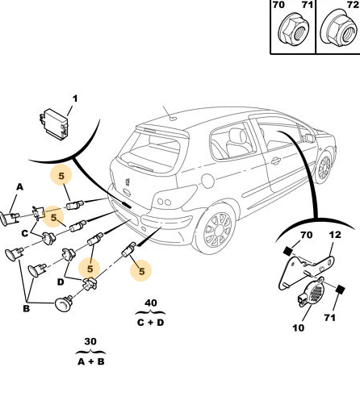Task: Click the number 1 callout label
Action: pos(75,98)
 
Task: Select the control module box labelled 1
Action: pos(54,123)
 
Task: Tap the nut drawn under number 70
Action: pos(293,31)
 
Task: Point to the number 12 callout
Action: pos(335,235)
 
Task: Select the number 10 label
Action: pos(299,328)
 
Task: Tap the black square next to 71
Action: pos(340,290)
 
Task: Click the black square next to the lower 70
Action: pos(287,251)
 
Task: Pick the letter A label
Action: pos(20,186)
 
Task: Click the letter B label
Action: pos(26,308)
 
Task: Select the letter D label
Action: pos(61,282)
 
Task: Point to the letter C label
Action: pos(25,233)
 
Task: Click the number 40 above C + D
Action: pos(151,303)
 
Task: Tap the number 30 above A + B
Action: pos(90,341)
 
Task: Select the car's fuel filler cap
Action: pos(207,181)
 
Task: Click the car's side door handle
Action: pos(276,161)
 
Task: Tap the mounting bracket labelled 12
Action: pos(306,271)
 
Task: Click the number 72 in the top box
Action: pos(353,5)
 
